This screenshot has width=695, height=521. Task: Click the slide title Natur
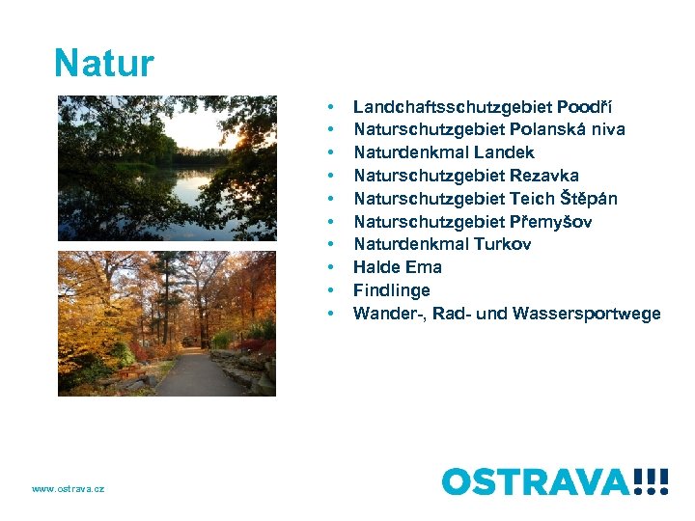[x=104, y=64]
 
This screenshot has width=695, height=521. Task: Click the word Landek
[x=505, y=152]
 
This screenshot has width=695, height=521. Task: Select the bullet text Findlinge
[x=391, y=290]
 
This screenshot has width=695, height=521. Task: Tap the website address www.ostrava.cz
[x=68, y=489]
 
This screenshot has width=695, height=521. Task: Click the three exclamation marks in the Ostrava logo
[x=652, y=480]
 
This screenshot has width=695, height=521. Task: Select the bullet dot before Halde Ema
[x=331, y=267]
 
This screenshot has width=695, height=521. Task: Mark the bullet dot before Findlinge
[x=331, y=290]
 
